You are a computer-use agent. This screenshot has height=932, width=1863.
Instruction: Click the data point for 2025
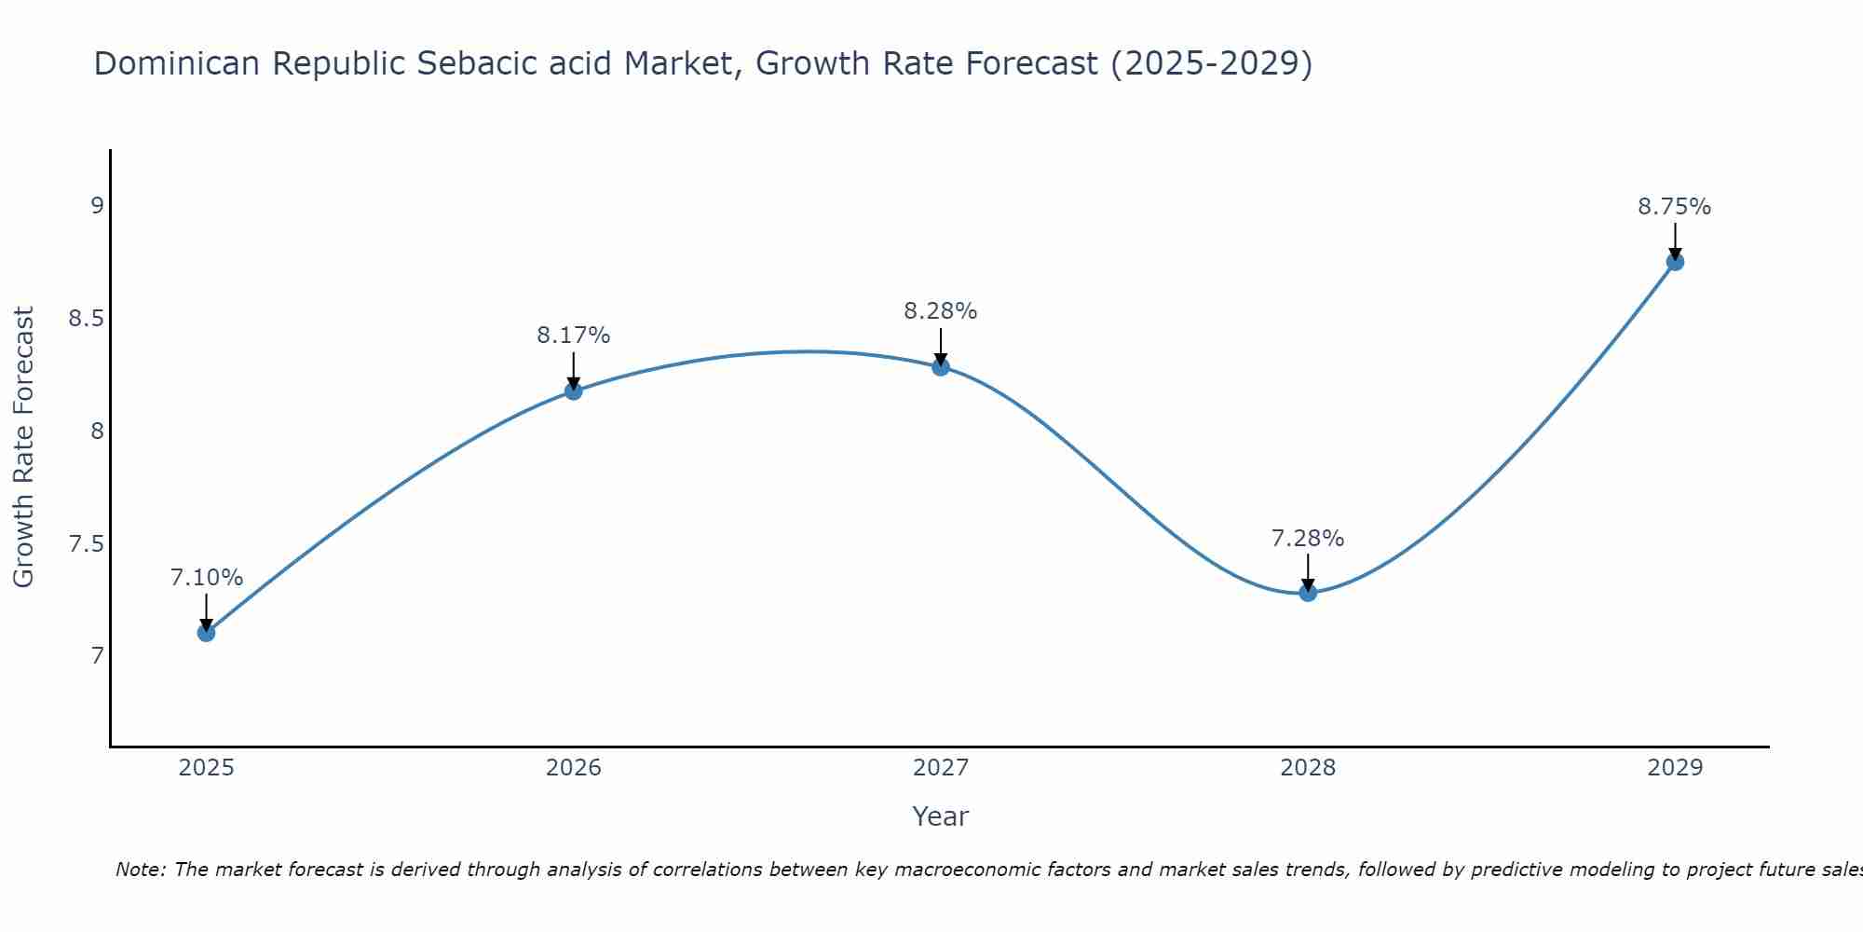pyautogui.click(x=206, y=633)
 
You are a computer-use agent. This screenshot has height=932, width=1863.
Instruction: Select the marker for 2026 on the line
pyautogui.click(x=573, y=391)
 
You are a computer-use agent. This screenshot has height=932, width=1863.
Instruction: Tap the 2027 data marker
pyautogui.click(x=941, y=367)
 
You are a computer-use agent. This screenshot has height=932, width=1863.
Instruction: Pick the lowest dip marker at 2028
pyautogui.click(x=1308, y=593)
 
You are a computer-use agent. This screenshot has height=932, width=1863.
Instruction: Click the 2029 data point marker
pyautogui.click(x=1675, y=262)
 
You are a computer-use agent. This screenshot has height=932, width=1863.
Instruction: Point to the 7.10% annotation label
pyautogui.click(x=206, y=578)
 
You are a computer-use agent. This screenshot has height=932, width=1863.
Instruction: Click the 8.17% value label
pyautogui.click(x=573, y=336)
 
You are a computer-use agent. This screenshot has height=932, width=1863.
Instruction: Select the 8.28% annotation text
pyautogui.click(x=941, y=311)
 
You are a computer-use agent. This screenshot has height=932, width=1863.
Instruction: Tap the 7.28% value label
pyautogui.click(x=1308, y=539)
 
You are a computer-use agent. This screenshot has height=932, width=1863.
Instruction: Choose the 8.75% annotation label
pyautogui.click(x=1675, y=207)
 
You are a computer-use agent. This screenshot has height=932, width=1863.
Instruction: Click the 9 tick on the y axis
pyautogui.click(x=97, y=206)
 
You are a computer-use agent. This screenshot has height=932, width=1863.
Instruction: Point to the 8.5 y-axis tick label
pyautogui.click(x=86, y=319)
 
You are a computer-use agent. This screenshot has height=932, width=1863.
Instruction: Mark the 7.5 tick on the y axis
pyautogui.click(x=86, y=544)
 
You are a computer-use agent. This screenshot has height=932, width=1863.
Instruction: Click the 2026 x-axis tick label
pyautogui.click(x=573, y=768)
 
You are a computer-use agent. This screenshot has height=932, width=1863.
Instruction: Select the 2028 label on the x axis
pyautogui.click(x=1308, y=768)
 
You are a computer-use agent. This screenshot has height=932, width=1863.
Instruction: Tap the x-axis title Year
pyautogui.click(x=940, y=816)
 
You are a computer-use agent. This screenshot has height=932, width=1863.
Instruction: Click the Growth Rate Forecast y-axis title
pyautogui.click(x=24, y=446)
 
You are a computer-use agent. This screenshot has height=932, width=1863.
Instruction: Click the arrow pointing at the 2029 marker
pyautogui.click(x=1675, y=241)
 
